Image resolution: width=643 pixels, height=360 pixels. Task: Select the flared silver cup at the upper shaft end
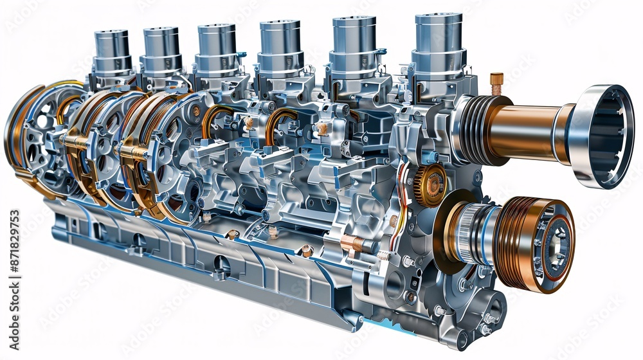tap(601, 136)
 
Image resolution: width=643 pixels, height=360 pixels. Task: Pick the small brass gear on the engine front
tap(430, 186)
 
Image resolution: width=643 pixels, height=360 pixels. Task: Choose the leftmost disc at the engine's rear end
tap(19, 135)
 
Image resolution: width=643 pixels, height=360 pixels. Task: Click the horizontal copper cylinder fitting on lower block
tap(352, 244)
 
